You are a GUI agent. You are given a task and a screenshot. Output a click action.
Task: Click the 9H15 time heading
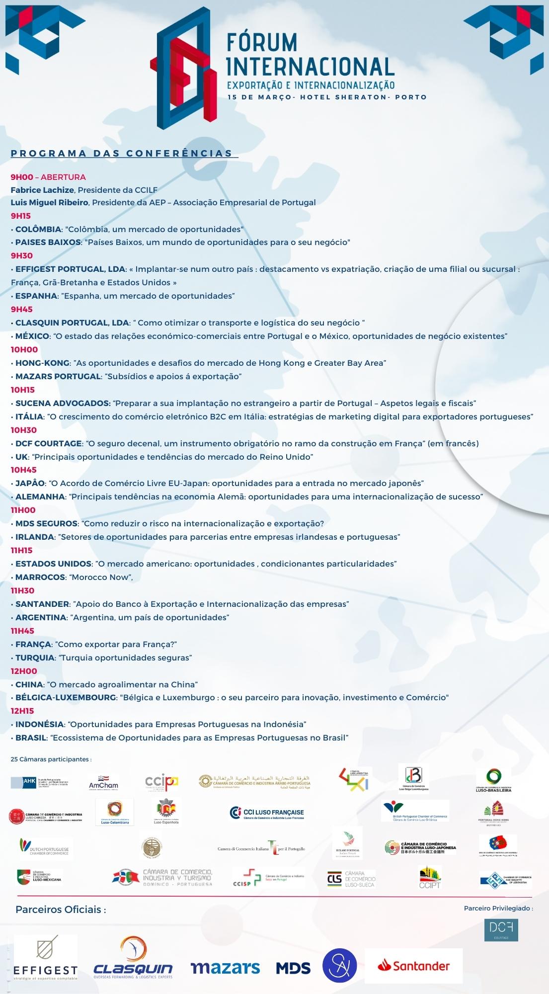point(21,216)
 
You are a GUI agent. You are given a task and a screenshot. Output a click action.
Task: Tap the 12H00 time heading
point(24,671)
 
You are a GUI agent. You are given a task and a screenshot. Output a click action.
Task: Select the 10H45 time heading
point(24,470)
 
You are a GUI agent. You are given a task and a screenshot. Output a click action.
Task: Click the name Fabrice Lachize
point(43,190)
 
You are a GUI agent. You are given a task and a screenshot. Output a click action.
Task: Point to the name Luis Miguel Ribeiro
point(50,202)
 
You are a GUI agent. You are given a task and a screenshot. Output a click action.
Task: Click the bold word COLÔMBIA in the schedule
point(38,229)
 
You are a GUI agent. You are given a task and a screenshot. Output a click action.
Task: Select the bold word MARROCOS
point(40,577)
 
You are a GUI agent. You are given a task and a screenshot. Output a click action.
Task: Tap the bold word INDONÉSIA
point(40,724)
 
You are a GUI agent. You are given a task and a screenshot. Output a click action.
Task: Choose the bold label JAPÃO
point(30,483)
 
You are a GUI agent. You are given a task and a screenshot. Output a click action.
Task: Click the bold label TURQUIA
point(35,658)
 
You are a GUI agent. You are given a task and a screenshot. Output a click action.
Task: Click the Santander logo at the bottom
point(413,966)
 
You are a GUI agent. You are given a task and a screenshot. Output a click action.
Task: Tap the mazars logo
point(225,967)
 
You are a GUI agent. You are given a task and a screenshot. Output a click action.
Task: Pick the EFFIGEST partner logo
point(46,958)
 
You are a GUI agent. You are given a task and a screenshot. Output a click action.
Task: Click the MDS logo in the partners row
point(293,968)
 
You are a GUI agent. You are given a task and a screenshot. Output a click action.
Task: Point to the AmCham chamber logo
point(103,782)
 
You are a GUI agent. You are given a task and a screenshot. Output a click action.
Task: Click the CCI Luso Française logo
point(267,813)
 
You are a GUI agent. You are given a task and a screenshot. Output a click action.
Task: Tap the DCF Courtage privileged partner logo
point(501,930)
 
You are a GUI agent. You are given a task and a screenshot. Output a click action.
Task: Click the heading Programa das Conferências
point(122,153)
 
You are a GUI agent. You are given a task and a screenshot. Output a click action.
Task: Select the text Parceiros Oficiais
point(61,910)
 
